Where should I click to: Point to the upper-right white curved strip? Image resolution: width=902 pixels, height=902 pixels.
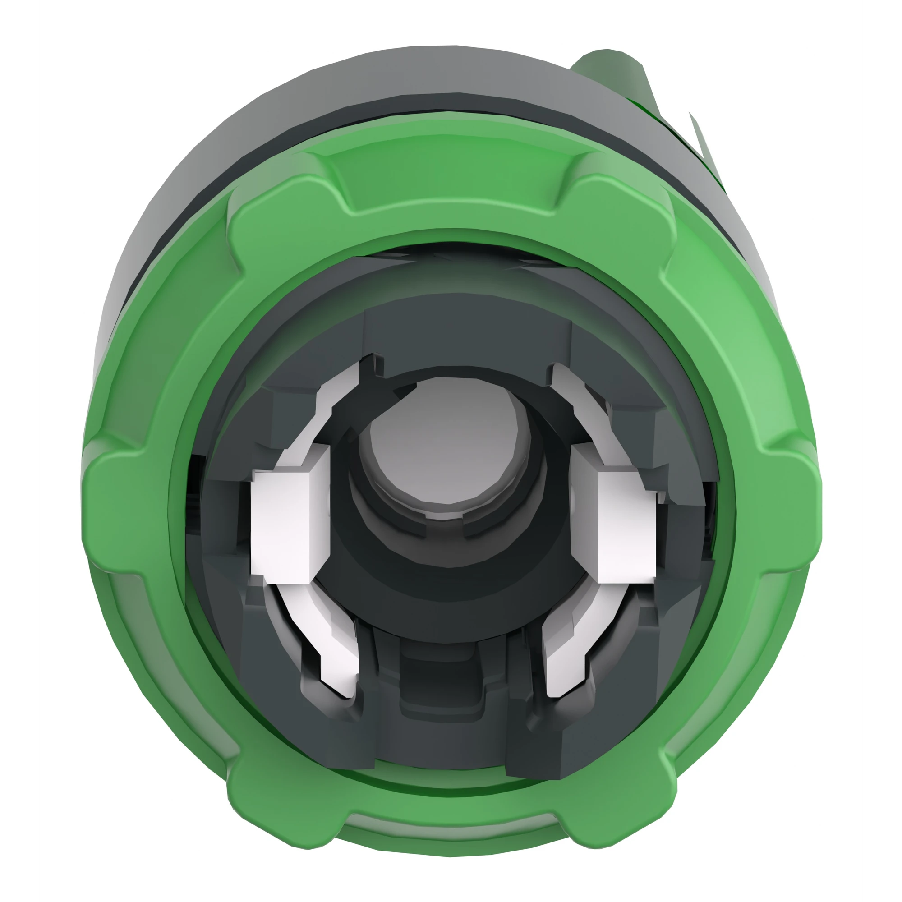coord(579,401)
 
